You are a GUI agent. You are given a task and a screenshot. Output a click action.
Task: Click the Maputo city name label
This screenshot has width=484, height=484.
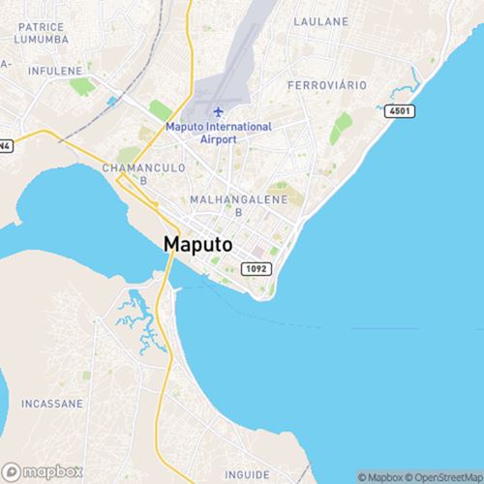click(x=197, y=245)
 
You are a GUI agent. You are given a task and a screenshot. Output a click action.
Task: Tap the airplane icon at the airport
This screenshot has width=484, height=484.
click(x=217, y=111)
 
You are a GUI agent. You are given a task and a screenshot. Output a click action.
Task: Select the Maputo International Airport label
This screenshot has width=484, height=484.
click(x=218, y=133)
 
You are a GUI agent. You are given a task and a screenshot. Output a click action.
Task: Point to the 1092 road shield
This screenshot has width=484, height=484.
click(x=255, y=266)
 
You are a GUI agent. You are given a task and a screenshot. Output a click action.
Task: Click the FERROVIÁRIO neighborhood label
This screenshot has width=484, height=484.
click(x=327, y=86)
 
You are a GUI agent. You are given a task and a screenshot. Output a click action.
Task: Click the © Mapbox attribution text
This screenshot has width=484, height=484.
click(x=383, y=476)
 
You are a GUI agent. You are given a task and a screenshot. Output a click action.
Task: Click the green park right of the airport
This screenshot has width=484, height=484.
click(x=341, y=127)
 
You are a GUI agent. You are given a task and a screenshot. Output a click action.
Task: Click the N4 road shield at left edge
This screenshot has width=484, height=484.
click(x=5, y=146)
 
